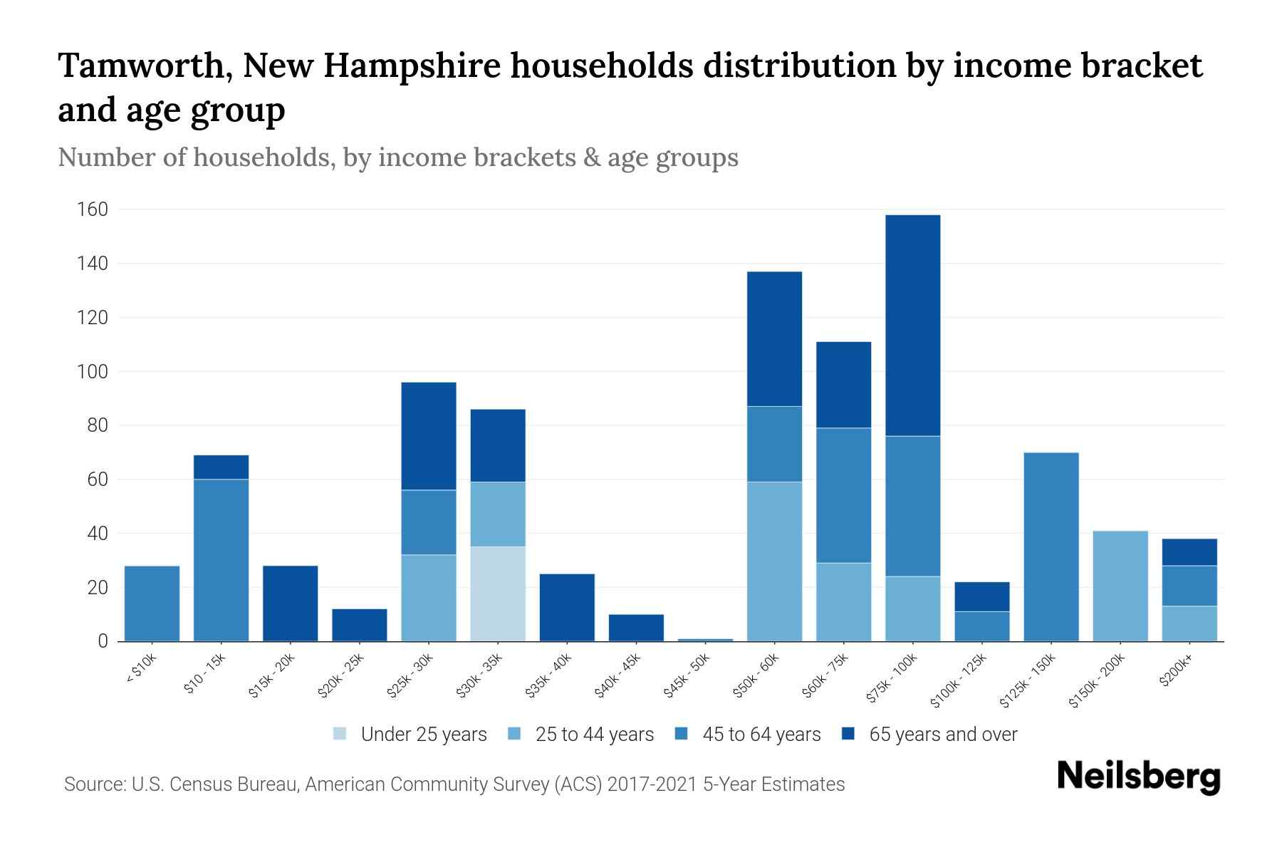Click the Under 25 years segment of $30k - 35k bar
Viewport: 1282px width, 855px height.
point(498,594)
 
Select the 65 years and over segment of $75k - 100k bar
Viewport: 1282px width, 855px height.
point(913,326)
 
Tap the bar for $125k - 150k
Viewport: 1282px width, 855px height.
point(1051,546)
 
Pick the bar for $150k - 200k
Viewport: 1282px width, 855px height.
point(1120,586)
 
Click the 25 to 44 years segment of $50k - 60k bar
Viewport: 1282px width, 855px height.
point(775,561)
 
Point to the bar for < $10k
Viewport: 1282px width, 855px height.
point(152,603)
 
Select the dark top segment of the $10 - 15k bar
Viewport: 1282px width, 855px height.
point(221,467)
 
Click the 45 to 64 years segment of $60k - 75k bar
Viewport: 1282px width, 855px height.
point(844,495)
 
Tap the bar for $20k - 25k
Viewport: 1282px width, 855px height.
point(360,625)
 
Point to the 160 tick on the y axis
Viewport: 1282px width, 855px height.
point(93,209)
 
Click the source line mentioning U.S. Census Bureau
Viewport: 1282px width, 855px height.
point(454,784)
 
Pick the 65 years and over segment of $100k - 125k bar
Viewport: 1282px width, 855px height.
point(982,596)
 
